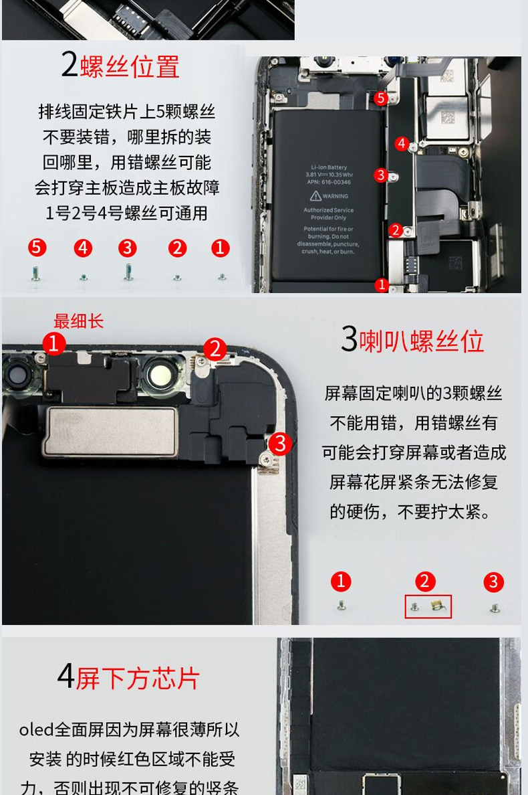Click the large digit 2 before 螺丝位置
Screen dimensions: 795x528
click(x=70, y=65)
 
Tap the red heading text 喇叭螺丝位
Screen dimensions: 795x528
click(x=422, y=341)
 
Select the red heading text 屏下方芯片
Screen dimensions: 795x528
click(x=138, y=678)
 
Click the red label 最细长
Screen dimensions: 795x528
click(x=78, y=321)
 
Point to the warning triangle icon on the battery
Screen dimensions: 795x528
click(x=315, y=196)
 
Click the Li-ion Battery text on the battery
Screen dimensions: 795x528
click(x=329, y=167)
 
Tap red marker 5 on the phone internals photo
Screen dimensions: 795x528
click(x=381, y=98)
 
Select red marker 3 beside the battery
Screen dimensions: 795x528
click(x=381, y=175)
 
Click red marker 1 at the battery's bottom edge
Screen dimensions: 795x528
click(x=382, y=285)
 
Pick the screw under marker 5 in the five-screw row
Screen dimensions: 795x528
click(x=36, y=273)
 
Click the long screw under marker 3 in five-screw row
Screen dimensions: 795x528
click(x=128, y=272)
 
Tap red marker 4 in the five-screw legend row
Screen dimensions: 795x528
click(x=83, y=248)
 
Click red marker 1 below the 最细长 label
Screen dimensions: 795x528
click(x=54, y=344)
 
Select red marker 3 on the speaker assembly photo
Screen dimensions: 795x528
click(x=281, y=443)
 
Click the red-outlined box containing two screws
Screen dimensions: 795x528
click(x=428, y=606)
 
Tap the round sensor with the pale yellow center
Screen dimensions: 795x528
click(x=160, y=375)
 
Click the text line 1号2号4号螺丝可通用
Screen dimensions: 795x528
click(x=127, y=213)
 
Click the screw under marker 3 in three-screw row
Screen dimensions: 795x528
click(x=495, y=608)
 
